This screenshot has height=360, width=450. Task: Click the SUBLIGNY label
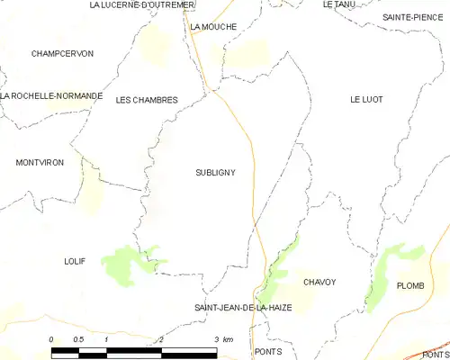pos(214,172)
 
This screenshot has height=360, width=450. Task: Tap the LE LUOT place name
pos(367,100)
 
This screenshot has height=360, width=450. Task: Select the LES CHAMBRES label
pos(147,100)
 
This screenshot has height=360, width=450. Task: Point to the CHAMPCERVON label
pos(62,54)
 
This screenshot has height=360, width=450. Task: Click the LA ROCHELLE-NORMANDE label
pos(52,95)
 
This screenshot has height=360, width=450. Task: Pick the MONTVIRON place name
pos(40,163)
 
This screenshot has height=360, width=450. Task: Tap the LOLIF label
pos(75,261)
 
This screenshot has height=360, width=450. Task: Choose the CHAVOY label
pos(319,283)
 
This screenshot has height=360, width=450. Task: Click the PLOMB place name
pos(410,285)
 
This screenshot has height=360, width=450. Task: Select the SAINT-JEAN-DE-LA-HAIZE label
pos(243,308)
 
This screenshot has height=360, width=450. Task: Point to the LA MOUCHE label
pos(213,27)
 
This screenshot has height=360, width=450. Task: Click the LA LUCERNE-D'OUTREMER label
pos(142,5)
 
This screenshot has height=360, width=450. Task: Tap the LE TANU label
pos(339,4)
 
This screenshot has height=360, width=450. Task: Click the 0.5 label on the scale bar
pos(78,339)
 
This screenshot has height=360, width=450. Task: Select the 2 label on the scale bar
pos(160,339)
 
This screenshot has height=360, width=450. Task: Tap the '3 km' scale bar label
pos(222,339)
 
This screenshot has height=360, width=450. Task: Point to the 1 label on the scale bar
pos(106,339)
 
